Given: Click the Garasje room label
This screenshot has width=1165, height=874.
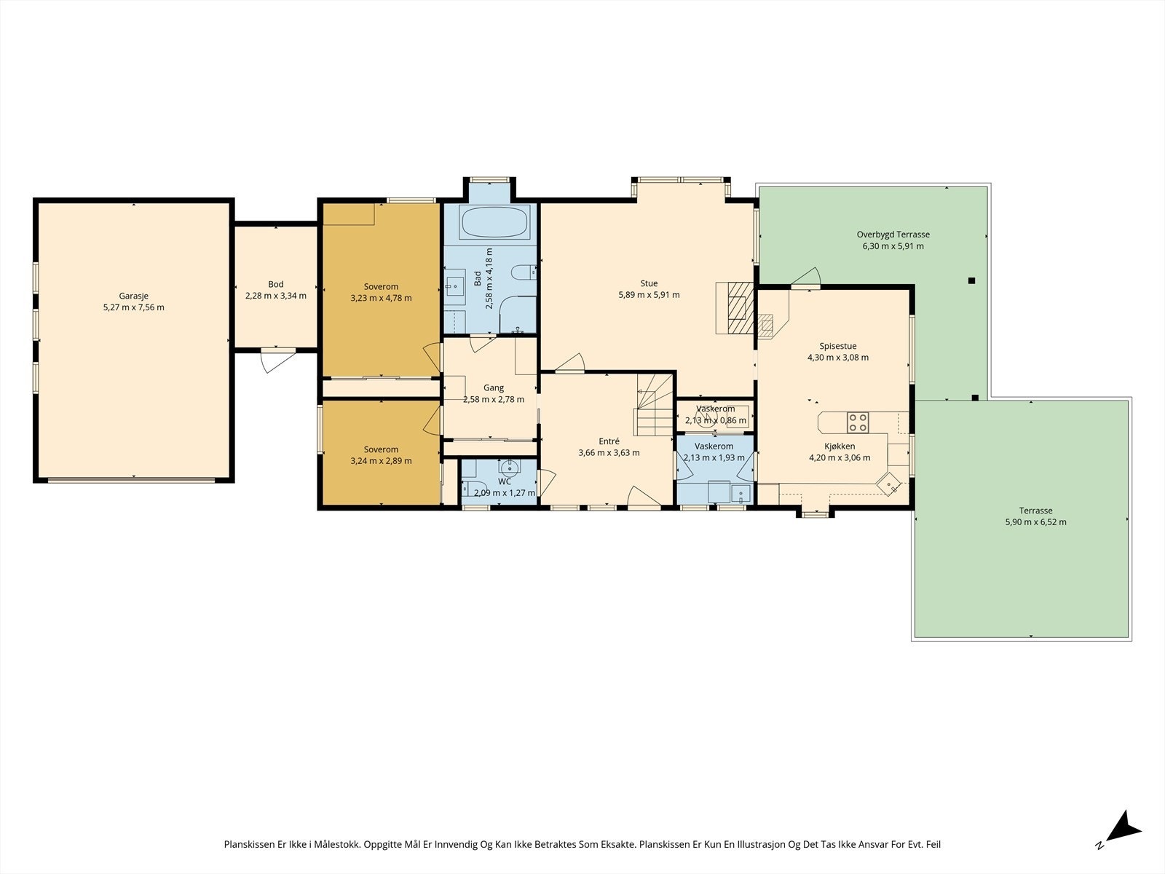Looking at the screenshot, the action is coord(134,296).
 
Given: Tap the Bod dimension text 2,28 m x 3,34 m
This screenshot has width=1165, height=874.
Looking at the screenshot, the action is coord(276,296).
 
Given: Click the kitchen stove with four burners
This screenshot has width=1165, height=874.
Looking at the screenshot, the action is coord(858,422).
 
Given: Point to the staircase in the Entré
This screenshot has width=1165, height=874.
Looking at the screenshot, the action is coord(655,404).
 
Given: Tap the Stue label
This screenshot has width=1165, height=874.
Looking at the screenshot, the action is coord(649,283).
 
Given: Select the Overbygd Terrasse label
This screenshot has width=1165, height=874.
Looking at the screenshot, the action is coord(893,235).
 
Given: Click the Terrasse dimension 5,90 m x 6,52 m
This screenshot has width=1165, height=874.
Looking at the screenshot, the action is coord(1035,522).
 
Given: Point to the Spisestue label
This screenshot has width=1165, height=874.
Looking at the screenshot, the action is coord(838,346).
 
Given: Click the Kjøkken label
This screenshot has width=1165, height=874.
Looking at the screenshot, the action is coord(840,446).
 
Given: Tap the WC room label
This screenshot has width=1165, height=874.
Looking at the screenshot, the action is coord(505,481).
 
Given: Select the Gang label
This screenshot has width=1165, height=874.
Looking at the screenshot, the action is coord(494,388).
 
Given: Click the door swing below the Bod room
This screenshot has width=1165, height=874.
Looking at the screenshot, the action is coord(277,361).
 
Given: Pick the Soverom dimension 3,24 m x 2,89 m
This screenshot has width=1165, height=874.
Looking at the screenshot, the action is coord(381,460).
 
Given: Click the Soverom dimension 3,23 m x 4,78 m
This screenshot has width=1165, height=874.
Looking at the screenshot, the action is coord(381,298).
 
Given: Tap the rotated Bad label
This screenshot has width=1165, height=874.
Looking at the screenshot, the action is coord(478,279).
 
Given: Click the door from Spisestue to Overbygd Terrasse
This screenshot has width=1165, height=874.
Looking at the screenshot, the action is coord(806,278).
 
